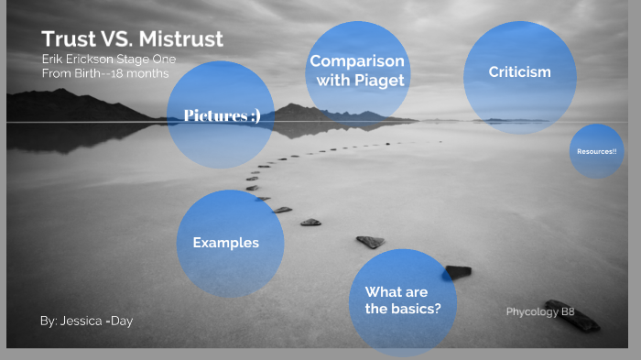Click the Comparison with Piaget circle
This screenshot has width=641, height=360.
coord(357,70)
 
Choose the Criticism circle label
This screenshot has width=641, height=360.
coord(519,71)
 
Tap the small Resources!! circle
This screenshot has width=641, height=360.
coord(596,150)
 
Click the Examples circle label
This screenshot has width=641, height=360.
coord(225,243)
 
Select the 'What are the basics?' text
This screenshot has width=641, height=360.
coord(403,300)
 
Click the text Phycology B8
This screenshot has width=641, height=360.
coord(540,311)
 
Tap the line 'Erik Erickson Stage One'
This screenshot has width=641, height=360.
coord(108,60)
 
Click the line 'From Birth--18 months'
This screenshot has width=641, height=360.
coord(104,73)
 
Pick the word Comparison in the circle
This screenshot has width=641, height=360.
coord(357,61)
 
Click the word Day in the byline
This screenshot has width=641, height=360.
coord(120,322)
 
